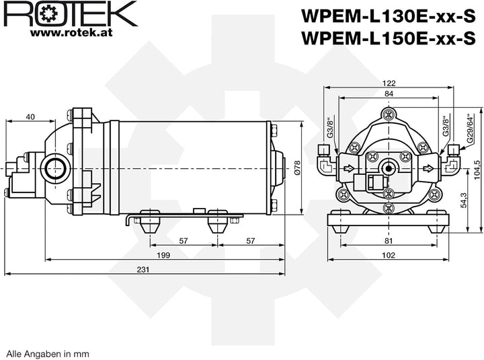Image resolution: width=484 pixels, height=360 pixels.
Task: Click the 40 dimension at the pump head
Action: (30, 116)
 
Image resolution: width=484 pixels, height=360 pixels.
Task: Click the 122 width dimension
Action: (389, 83)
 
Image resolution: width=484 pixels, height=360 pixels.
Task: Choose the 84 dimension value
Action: (389, 94)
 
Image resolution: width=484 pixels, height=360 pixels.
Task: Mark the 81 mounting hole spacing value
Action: (389, 240)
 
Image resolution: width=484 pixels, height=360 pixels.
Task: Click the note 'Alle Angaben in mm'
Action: (47, 353)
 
